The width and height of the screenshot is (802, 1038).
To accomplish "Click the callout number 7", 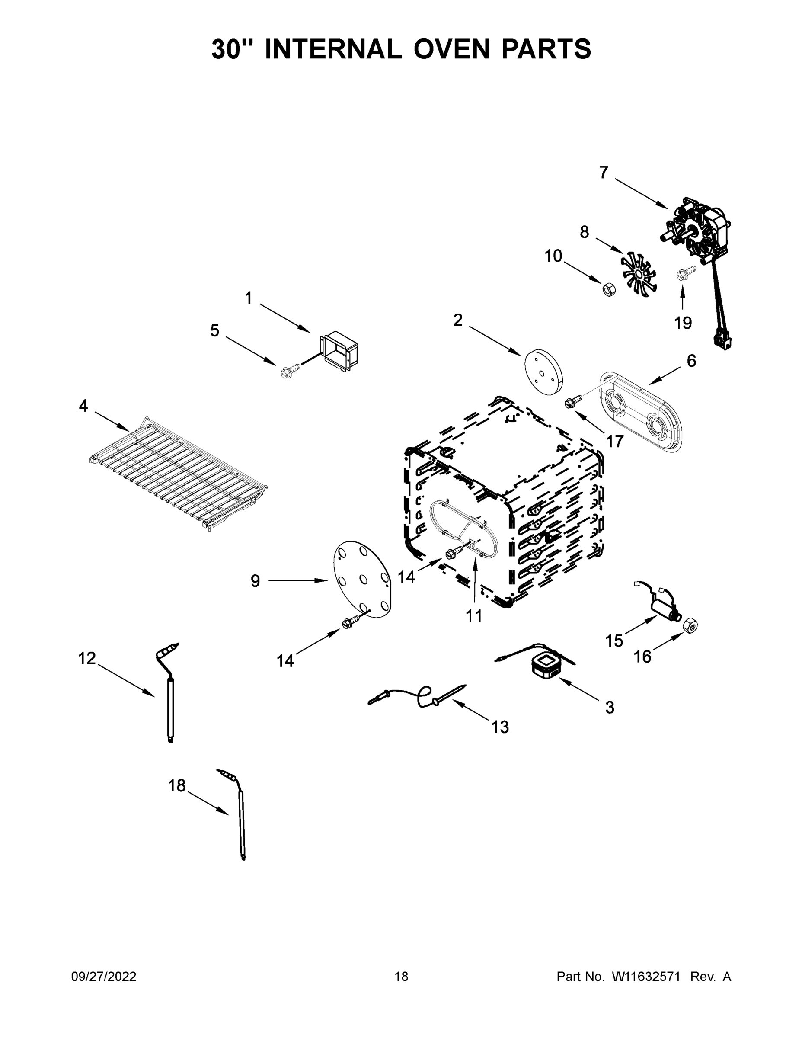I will [x=604, y=173].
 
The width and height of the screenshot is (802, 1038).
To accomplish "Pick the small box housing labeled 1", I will [x=339, y=352].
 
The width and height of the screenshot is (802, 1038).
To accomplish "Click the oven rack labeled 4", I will [x=178, y=472].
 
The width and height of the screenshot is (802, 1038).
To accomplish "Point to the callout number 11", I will [x=474, y=616].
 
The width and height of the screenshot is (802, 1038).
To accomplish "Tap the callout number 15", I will [x=614, y=641].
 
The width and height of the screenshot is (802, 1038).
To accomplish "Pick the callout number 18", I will [x=177, y=785].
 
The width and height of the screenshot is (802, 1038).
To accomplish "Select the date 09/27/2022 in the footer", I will [x=104, y=976].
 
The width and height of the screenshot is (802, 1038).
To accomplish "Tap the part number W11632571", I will [x=646, y=976].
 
